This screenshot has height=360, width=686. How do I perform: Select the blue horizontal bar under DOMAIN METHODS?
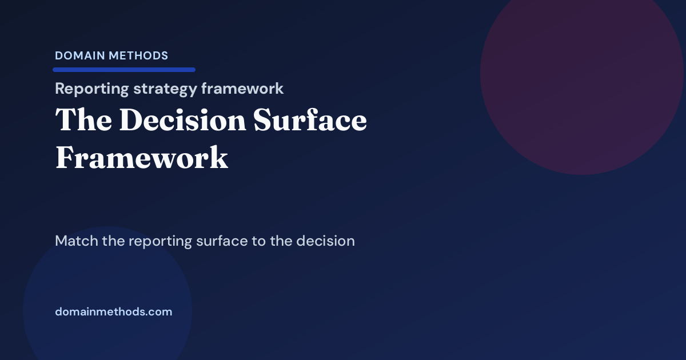click(124, 70)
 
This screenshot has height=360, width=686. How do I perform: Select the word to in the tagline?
click(258, 241)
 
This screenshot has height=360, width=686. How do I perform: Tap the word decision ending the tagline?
click(326, 241)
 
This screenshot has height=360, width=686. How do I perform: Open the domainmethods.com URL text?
click(113, 312)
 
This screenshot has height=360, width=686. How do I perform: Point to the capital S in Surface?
click(265, 121)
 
